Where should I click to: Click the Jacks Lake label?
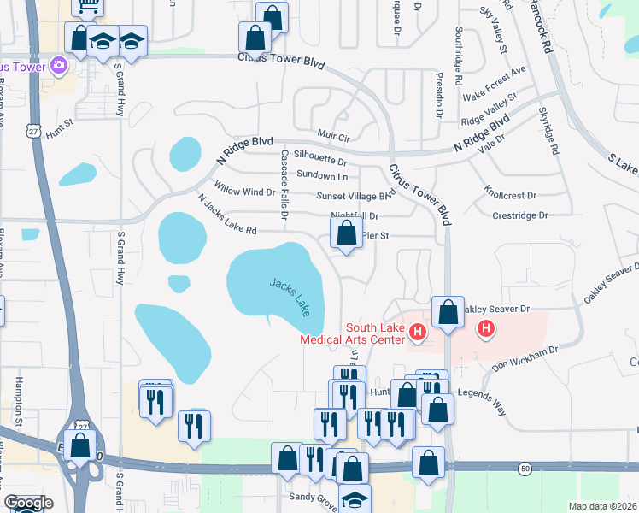click(290, 297)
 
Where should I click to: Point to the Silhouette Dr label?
click(320, 160)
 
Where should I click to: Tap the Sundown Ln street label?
click(322, 176)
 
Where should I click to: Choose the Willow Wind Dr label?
click(244, 192)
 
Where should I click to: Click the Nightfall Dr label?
click(354, 216)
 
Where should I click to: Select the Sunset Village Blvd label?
click(356, 196)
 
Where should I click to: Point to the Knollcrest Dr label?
click(509, 194)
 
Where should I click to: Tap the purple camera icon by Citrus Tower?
click(59, 65)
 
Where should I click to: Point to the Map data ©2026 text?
click(601, 506)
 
